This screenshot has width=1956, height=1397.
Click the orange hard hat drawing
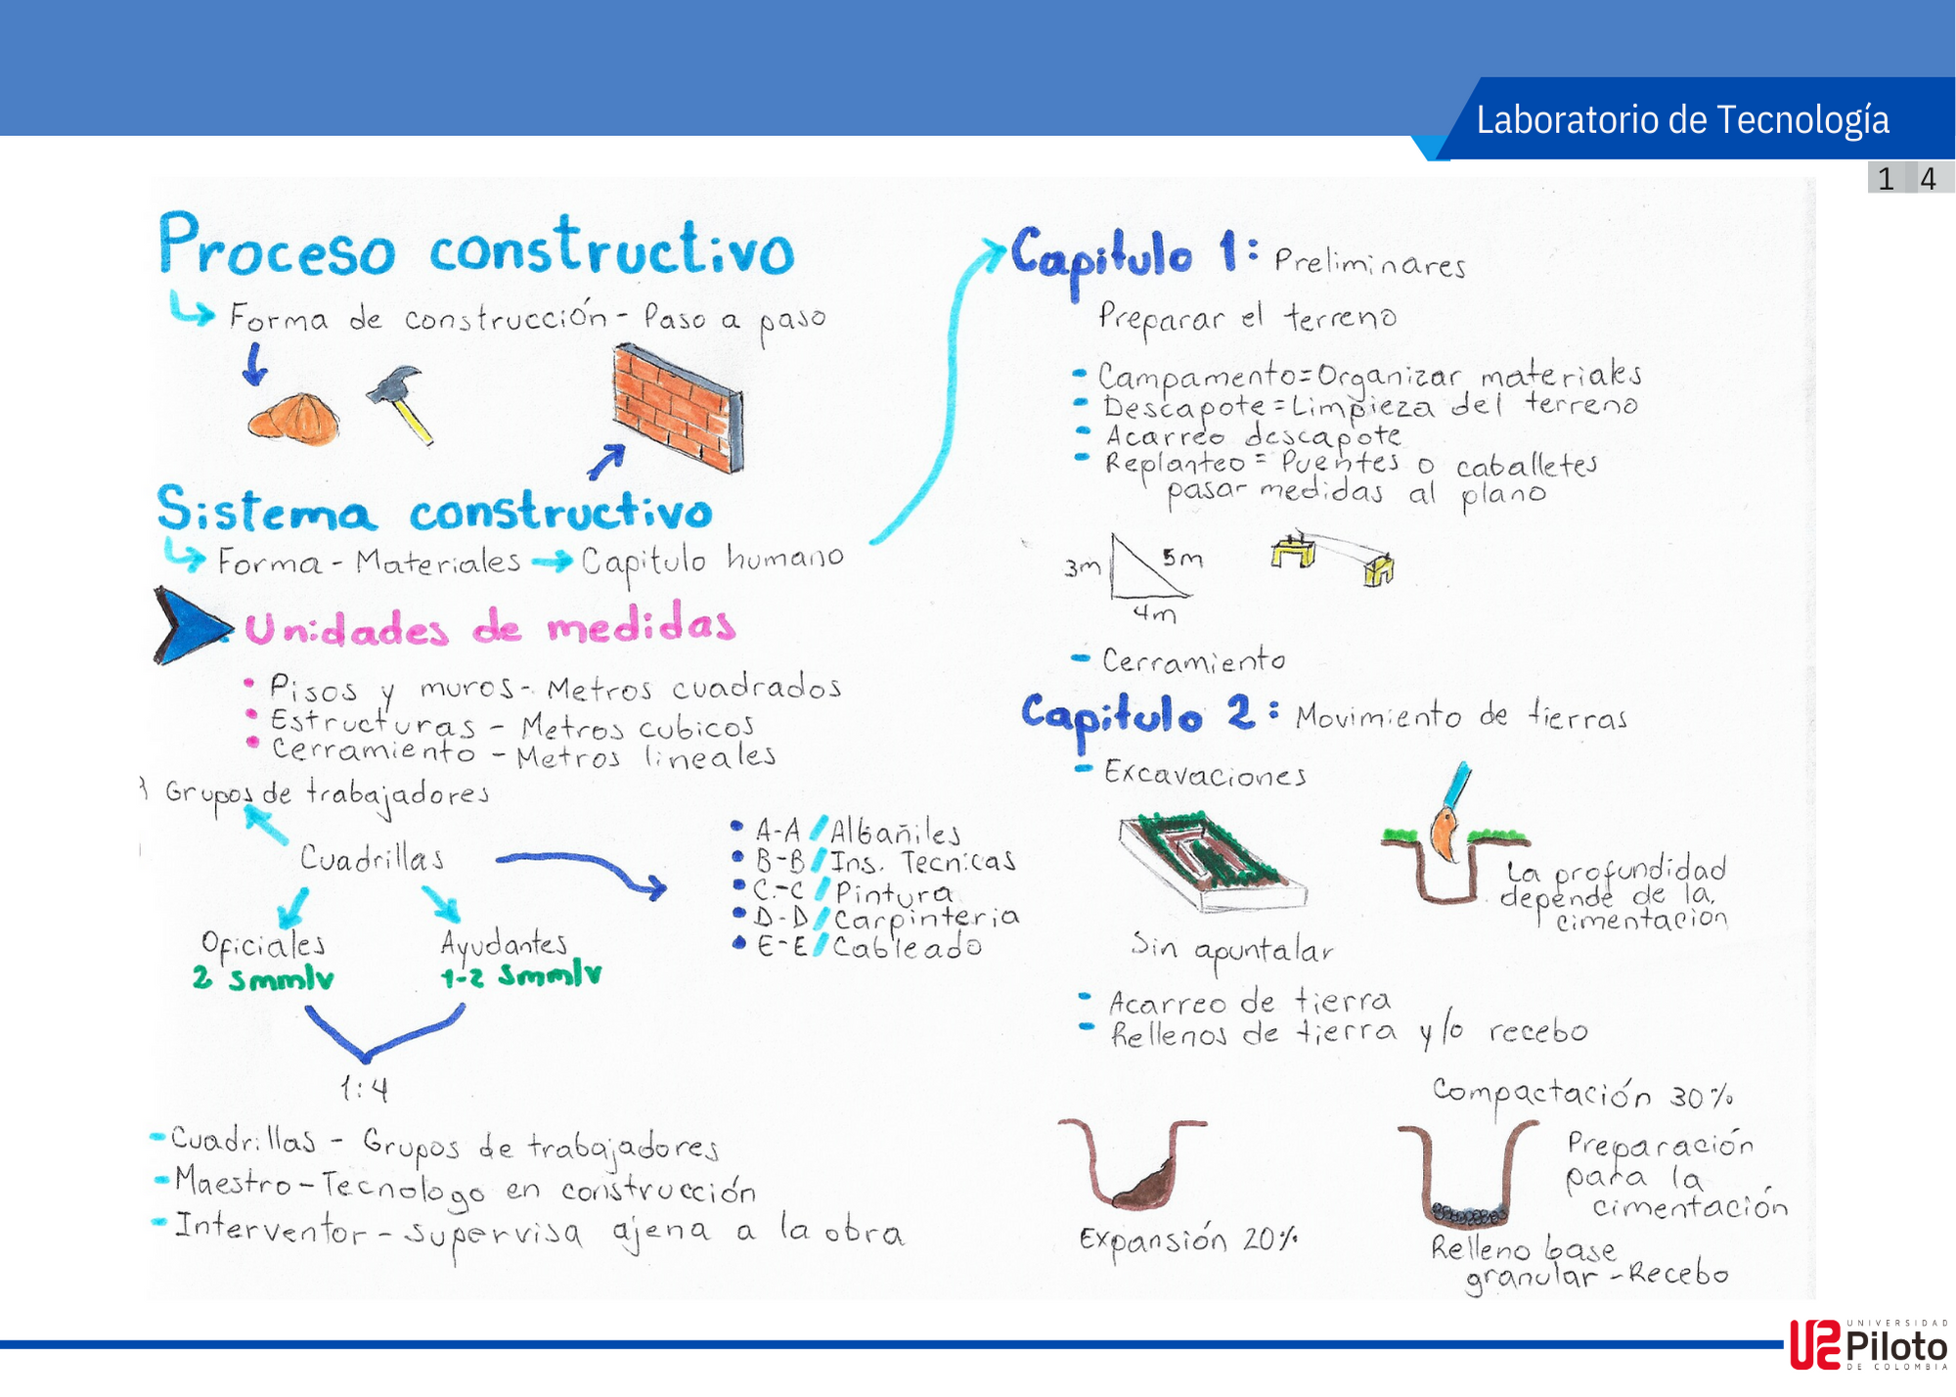coord(293,420)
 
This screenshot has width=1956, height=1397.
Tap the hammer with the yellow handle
coord(401,401)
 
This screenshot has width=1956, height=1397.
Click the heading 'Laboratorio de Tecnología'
coord(1682,119)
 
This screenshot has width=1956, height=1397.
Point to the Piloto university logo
coord(1868,1344)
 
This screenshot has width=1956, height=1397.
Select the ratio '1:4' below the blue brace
coord(364,1088)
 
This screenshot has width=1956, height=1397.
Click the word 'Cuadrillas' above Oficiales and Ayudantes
coord(372,858)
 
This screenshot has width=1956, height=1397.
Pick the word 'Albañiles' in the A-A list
coord(895,833)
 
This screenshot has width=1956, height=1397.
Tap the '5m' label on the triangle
coord(1182,558)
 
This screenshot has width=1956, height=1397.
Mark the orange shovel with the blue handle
coord(1447,812)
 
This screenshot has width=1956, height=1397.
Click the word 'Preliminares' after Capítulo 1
coord(1369,262)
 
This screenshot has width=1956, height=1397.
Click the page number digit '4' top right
coord(1928,178)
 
